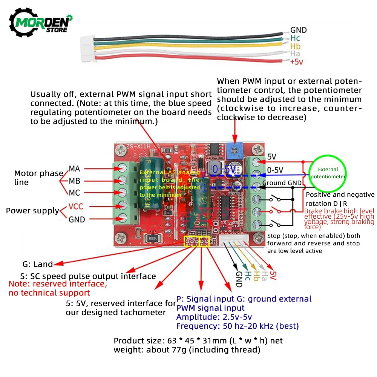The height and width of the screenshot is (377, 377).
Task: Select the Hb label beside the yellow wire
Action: tap(295, 46)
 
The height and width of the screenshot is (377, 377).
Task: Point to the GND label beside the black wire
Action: tap(298, 30)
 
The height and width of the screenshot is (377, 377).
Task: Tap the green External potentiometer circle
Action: tap(328, 173)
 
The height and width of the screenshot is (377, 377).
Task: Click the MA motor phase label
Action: tap(74, 169)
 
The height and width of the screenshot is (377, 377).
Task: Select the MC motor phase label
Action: tap(74, 193)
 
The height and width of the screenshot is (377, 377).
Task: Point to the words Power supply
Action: tap(32, 211)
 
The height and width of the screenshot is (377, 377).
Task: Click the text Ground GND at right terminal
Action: tap(282, 183)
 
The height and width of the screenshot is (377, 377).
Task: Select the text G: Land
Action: tap(38, 264)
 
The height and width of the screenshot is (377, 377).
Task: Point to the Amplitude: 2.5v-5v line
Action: tap(214, 317)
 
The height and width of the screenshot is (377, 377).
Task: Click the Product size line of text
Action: tap(198, 341)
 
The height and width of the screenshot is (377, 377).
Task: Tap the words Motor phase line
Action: tap(38, 178)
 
